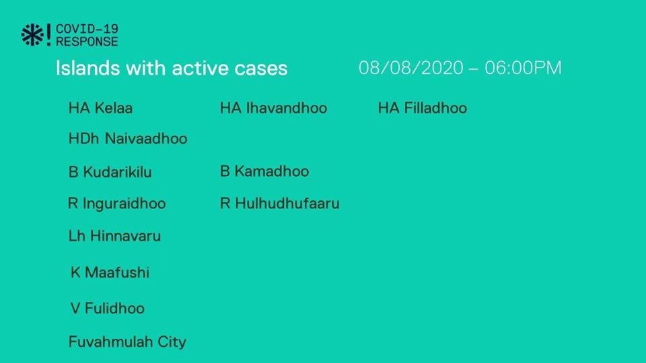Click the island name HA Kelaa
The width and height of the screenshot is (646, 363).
(x=100, y=108)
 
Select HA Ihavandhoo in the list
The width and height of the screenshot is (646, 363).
(x=274, y=108)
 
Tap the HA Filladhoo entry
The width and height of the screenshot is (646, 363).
(x=423, y=108)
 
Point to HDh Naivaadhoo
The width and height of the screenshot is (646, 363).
(x=128, y=138)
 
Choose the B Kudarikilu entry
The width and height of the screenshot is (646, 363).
(x=110, y=172)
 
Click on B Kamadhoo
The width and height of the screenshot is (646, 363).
(x=264, y=171)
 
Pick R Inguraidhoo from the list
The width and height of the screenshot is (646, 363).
(x=117, y=204)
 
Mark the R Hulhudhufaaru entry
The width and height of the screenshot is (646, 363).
(x=280, y=203)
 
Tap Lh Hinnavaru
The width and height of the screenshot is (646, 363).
(x=114, y=236)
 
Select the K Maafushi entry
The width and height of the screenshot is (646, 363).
(x=110, y=272)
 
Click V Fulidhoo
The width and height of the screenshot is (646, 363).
(x=108, y=309)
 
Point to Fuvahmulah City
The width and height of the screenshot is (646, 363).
(x=127, y=342)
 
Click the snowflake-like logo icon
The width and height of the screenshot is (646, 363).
(x=32, y=34)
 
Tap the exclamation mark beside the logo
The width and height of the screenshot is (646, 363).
(x=48, y=34)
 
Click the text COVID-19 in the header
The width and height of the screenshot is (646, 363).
(x=87, y=29)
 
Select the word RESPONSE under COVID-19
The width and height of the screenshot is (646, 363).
(x=87, y=42)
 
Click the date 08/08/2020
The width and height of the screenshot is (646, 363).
(x=411, y=68)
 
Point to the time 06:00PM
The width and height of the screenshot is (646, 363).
(x=524, y=68)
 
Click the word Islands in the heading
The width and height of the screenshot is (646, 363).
(x=87, y=68)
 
